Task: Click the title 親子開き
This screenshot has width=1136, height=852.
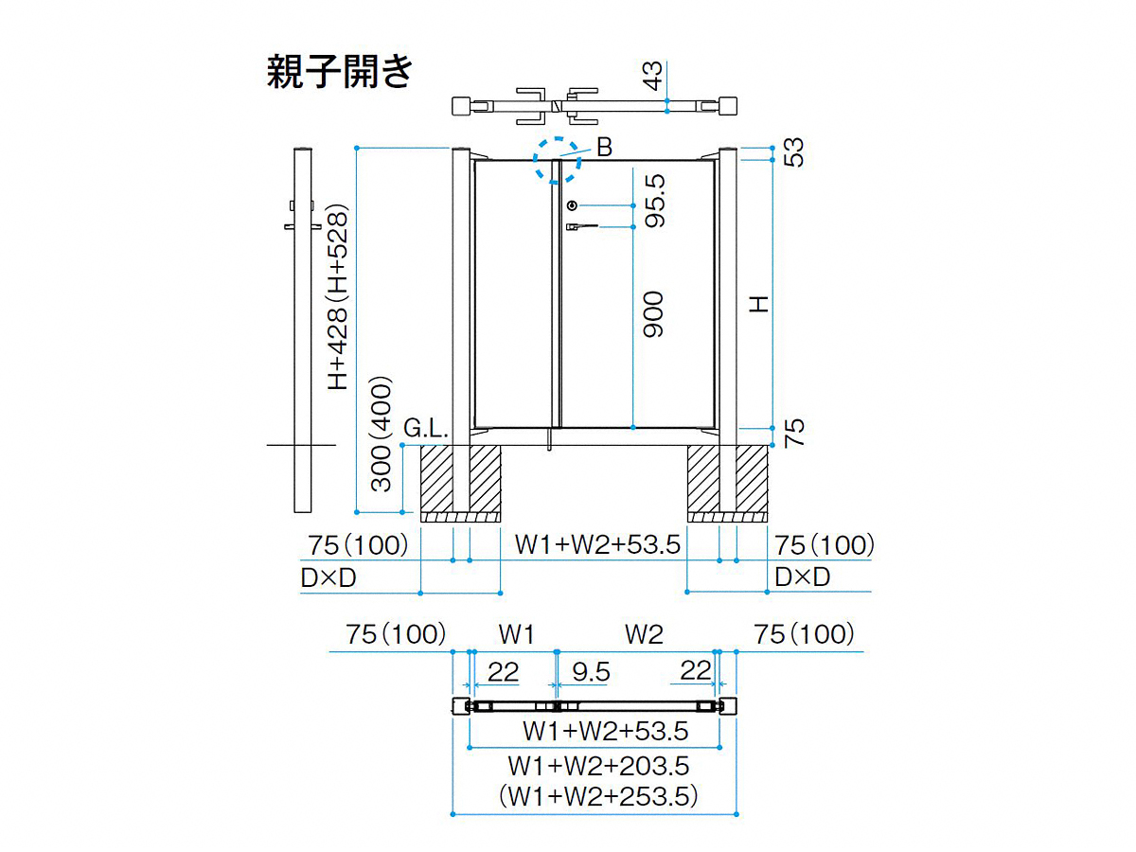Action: pos(340,71)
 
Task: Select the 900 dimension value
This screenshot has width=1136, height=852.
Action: pos(654,314)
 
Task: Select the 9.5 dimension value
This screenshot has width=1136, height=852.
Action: pos(592,672)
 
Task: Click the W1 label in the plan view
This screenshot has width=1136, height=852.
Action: pos(518,634)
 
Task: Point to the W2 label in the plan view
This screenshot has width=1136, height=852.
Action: pos(644,634)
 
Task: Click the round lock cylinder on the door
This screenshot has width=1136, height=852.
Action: pos(572,205)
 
